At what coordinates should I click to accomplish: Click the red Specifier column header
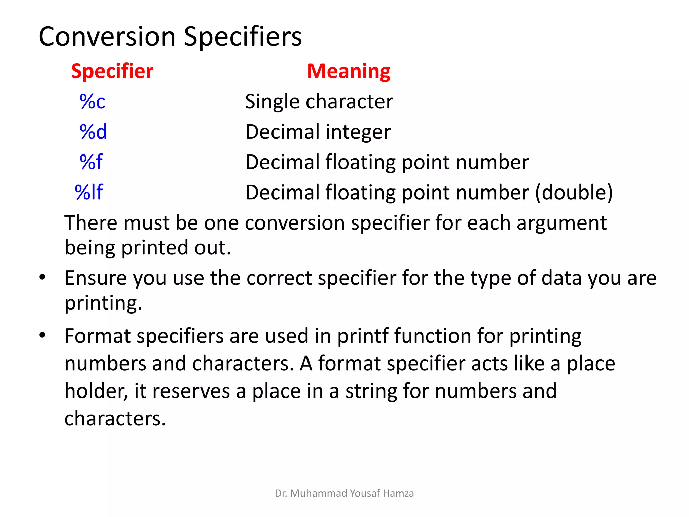[112, 71]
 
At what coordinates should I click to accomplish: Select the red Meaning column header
[349, 71]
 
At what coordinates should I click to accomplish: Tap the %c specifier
[93, 101]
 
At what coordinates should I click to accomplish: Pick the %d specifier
[93, 132]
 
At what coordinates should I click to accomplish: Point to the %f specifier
[91, 162]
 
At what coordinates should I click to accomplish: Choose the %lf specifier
[89, 192]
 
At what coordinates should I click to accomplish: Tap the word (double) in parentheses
[574, 193]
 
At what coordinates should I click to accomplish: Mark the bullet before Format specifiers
[42, 335]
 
